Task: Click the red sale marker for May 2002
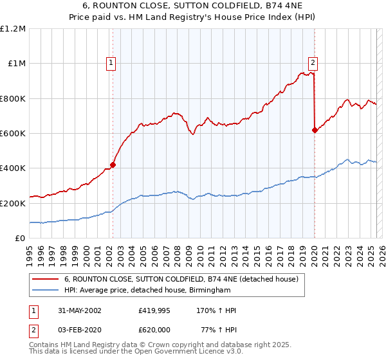[x=113, y=165]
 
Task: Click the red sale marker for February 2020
[x=315, y=130]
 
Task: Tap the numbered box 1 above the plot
[x=112, y=63]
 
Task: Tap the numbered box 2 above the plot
[x=313, y=63]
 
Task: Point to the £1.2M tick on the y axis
[x=13, y=29]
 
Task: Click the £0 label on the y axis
[x=19, y=238]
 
